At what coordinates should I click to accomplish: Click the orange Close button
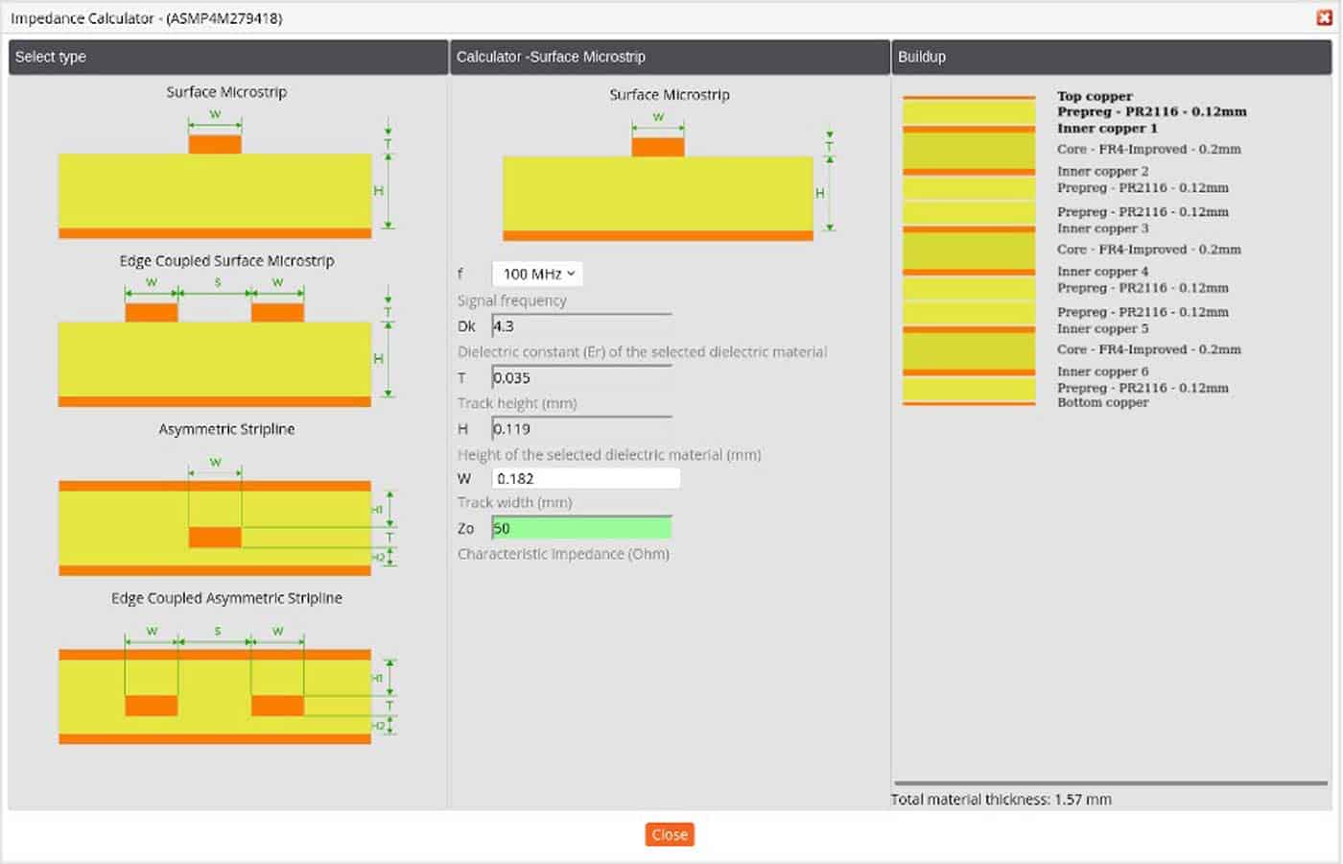pos(670,834)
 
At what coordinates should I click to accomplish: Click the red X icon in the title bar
pos(1325,17)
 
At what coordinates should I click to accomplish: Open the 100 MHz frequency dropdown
pos(537,274)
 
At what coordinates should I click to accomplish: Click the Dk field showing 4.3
pos(580,326)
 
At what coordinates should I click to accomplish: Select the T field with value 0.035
pos(580,378)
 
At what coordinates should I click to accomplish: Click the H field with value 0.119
pos(580,429)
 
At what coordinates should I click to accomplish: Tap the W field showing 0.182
pos(585,478)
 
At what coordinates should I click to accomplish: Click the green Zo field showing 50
pos(580,528)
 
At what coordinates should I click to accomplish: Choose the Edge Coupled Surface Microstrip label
pos(226,261)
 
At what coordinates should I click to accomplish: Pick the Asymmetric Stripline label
pos(226,429)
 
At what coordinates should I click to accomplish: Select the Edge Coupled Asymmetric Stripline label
pos(226,598)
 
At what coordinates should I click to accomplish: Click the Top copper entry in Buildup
pos(1095,96)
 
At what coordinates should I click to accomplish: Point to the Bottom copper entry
pos(1102,402)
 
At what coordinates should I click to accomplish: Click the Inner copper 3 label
pos(1102,228)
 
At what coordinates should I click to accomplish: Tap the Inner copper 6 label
pos(1102,372)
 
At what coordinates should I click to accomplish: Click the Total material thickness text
pos(1001,799)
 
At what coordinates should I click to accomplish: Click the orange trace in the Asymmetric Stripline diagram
pos(215,537)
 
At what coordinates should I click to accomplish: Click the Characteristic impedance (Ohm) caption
pos(563,554)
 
